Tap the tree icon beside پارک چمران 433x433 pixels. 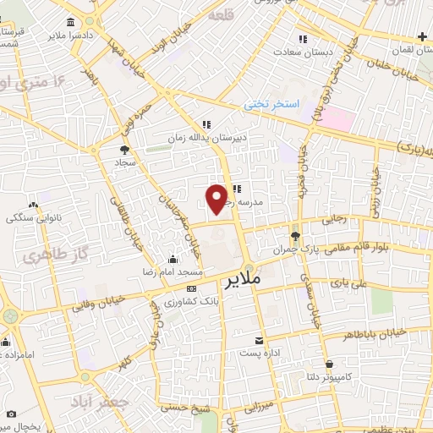(x=294, y=236)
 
